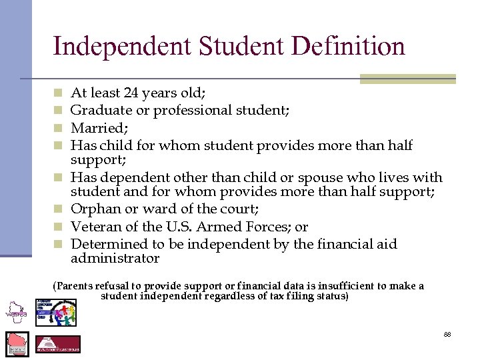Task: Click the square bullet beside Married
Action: (x=58, y=128)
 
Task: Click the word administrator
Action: (x=115, y=259)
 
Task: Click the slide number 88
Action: (x=447, y=333)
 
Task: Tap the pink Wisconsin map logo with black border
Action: (x=17, y=343)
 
